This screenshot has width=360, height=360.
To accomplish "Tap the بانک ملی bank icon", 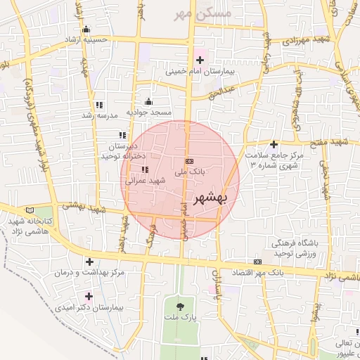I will click(188, 161).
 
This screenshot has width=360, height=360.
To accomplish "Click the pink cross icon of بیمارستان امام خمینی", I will click(200, 60).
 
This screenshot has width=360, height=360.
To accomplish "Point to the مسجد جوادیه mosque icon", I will click(148, 101).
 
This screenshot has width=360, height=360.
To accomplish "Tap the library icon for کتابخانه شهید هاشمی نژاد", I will click(29, 210).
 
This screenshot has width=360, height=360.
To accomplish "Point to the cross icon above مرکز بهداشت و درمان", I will click(89, 261).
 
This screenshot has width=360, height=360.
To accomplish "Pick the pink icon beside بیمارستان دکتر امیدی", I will click(88, 296).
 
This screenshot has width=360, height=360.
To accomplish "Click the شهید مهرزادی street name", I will click(309, 41).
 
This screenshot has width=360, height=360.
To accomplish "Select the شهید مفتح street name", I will click(330, 143).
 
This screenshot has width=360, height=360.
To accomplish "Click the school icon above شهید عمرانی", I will click(145, 169).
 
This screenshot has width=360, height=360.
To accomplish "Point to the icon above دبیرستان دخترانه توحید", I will click(122, 134).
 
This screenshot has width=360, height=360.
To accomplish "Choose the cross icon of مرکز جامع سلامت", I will click(274, 143).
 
